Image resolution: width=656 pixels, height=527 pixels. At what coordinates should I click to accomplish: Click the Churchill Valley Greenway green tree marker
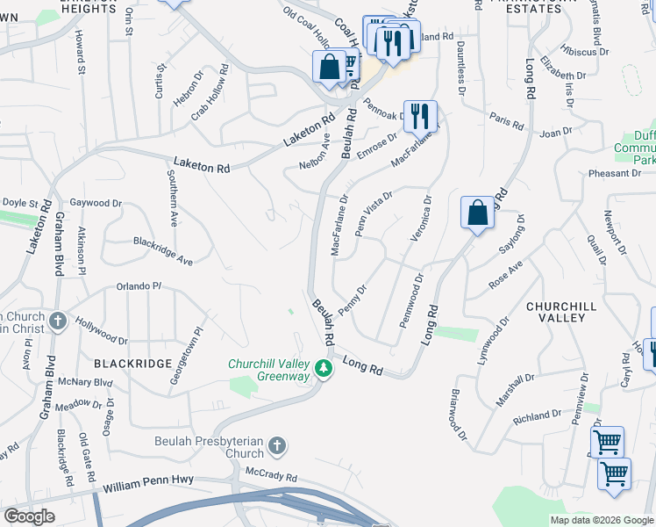324,369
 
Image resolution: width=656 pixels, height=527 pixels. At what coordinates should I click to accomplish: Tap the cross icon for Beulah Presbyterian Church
277,446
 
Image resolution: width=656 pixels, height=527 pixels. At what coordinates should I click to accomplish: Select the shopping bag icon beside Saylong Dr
476,213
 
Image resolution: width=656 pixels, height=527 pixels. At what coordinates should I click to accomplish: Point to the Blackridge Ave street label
162,249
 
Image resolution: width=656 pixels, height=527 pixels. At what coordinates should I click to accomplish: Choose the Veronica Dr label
420,219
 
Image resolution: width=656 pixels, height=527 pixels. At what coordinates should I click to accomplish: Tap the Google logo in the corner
29,516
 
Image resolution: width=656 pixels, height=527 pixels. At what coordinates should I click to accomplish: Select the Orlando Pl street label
139,286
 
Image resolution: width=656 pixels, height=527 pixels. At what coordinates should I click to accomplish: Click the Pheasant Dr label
615,173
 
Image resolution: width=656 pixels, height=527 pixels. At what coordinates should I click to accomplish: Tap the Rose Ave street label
505,274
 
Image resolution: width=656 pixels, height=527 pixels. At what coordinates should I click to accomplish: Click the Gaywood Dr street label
96,203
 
